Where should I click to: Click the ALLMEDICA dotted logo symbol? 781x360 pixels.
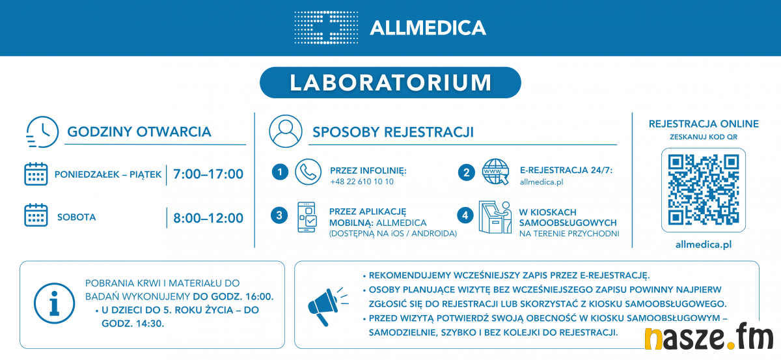326,27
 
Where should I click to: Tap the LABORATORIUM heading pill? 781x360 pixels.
390,83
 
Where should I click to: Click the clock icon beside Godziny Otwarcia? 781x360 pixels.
42,132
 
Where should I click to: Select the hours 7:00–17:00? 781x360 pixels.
208,174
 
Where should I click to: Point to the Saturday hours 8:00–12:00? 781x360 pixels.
208,218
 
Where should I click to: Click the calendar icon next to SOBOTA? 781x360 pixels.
36,215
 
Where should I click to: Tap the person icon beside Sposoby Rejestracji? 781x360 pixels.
286,131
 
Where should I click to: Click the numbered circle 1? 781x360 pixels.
280,172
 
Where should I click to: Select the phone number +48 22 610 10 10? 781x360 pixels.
362,182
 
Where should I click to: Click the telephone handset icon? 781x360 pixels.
308,172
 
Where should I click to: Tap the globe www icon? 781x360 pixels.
495,172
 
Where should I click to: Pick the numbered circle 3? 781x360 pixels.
279,215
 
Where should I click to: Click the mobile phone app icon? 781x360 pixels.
307,217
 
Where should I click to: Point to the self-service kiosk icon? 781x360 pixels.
495,217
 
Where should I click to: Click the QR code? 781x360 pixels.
704,190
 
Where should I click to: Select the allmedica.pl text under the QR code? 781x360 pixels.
704,245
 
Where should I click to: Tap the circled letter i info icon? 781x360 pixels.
55,303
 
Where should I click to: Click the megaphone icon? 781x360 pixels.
327,307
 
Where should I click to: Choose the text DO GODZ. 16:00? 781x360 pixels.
233,296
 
